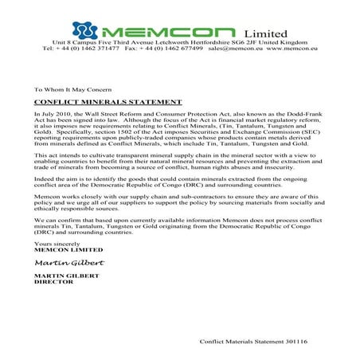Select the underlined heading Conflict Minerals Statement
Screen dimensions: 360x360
point(97,102)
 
